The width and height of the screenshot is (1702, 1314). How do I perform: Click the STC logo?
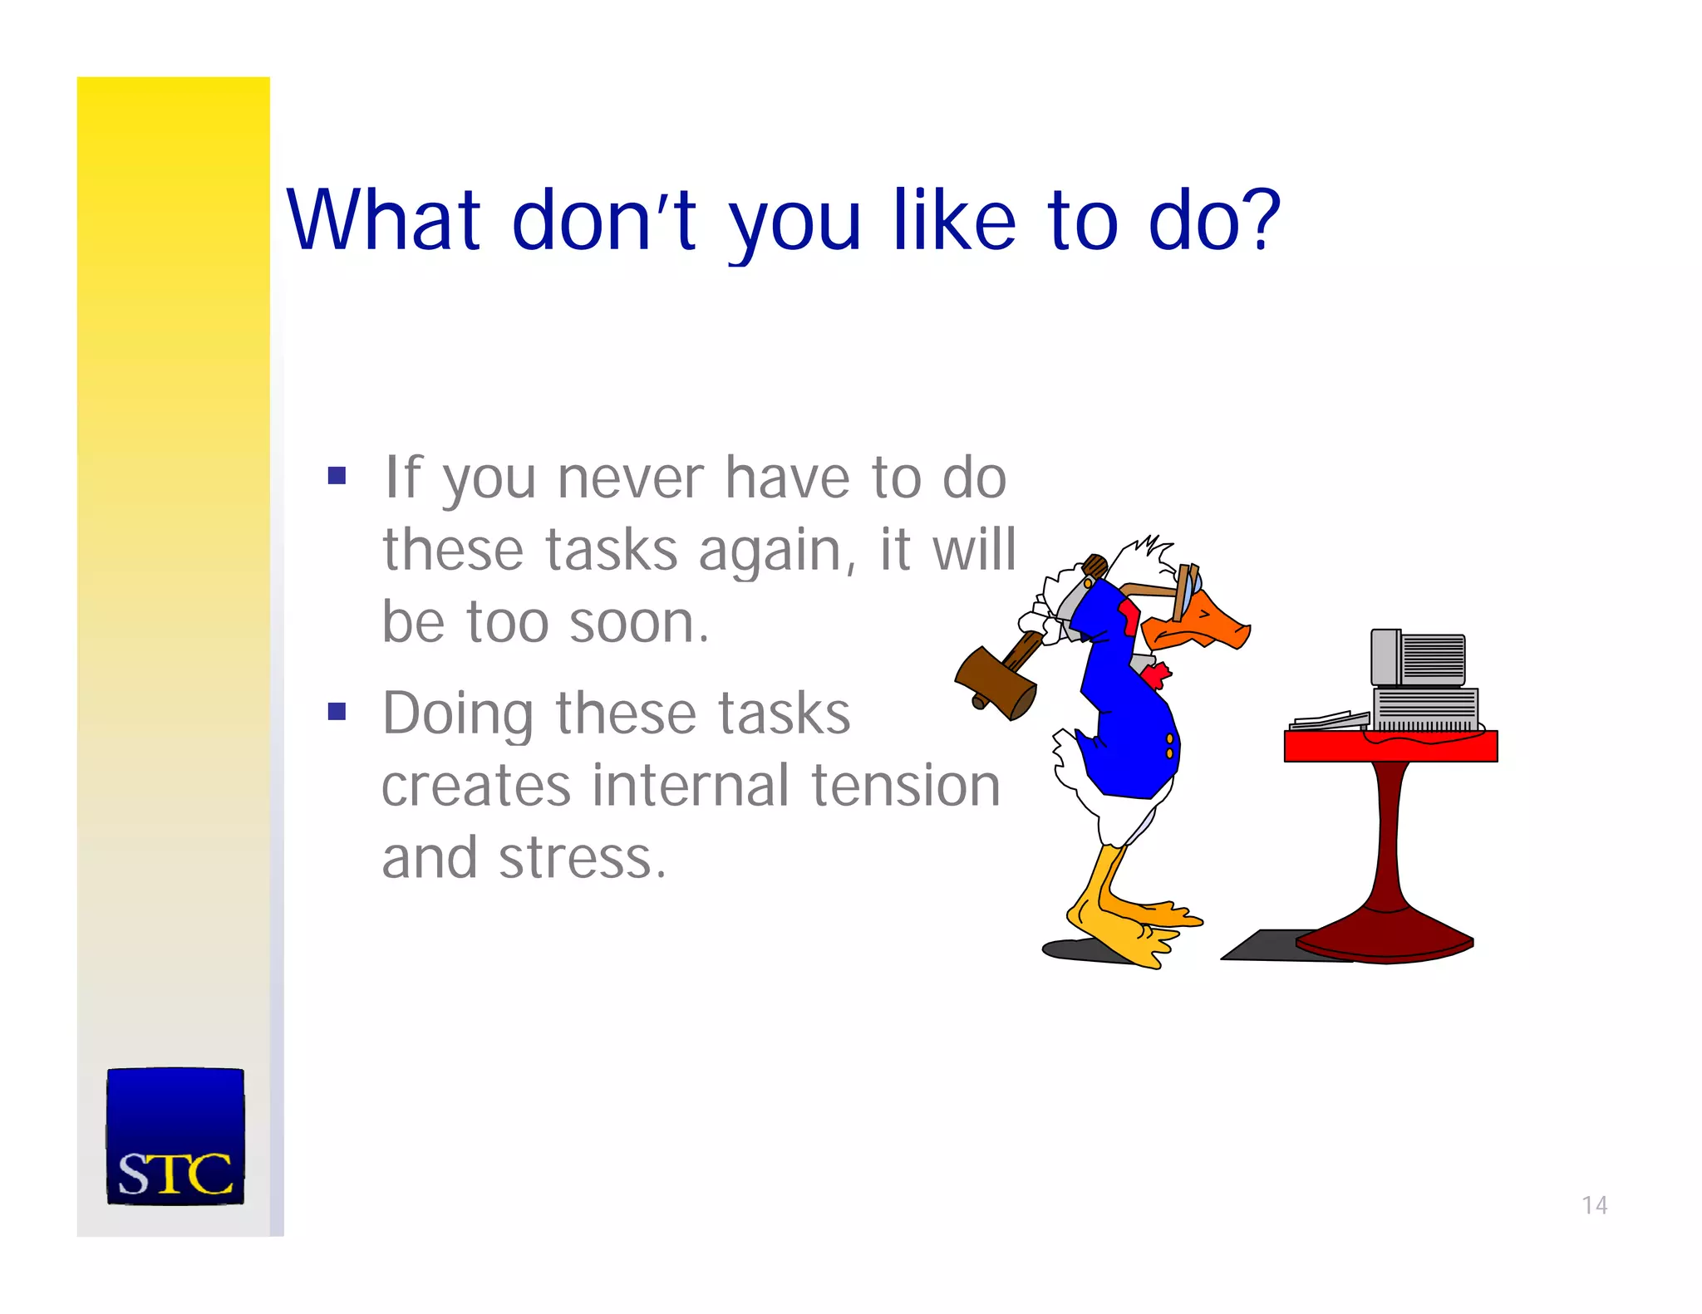(175, 1135)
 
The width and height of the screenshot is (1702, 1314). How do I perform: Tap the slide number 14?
(1594, 1205)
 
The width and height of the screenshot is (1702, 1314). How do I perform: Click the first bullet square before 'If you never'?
(337, 476)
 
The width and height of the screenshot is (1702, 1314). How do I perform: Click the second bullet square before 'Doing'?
(337, 712)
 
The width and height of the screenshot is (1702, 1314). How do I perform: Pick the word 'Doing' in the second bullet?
(458, 714)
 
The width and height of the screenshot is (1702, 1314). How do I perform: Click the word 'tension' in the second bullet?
(905, 786)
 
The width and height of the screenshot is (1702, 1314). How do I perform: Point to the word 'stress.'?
(582, 858)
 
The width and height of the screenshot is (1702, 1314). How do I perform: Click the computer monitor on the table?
(1419, 659)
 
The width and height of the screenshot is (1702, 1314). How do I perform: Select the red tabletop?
(1390, 747)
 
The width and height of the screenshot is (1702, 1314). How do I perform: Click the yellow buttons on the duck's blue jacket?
(1169, 746)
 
